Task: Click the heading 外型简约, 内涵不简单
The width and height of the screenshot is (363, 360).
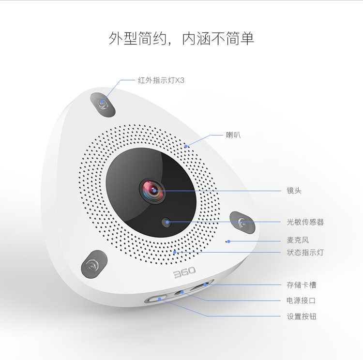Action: (x=181, y=38)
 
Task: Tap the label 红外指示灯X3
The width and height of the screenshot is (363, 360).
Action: (x=161, y=80)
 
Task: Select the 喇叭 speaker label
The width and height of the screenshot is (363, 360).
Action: (x=233, y=135)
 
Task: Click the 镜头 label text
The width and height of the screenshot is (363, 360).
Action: (x=294, y=191)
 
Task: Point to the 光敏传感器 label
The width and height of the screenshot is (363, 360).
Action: (x=305, y=222)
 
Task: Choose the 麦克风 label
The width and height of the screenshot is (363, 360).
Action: (x=298, y=240)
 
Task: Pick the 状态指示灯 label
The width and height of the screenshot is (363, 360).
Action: (x=305, y=253)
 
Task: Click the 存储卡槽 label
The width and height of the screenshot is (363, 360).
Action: (x=302, y=285)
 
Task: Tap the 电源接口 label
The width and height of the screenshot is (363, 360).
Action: (x=301, y=300)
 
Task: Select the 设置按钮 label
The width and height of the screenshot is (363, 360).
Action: (x=302, y=316)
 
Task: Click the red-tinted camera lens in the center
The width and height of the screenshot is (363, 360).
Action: (x=152, y=191)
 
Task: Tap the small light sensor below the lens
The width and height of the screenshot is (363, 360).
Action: (x=166, y=222)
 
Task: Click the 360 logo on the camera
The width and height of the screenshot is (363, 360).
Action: (x=184, y=272)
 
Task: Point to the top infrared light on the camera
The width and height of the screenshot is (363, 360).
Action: (x=102, y=105)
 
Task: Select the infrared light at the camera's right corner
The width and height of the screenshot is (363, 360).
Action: (x=242, y=223)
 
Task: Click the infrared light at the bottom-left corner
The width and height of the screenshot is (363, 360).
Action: (x=93, y=264)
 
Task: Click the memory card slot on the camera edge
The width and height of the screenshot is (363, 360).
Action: (x=201, y=286)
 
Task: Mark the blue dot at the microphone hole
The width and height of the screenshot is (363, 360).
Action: (x=229, y=241)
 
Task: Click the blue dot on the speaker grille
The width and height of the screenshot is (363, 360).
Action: (x=186, y=146)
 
